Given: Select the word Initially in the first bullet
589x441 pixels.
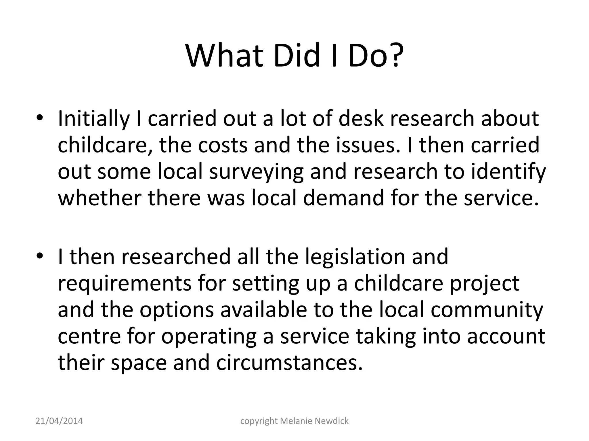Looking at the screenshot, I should [94, 119].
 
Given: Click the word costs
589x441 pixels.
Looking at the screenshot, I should [223, 145].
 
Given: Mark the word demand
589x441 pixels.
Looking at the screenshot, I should [344, 198].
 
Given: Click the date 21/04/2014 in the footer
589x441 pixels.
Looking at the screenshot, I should [59, 421].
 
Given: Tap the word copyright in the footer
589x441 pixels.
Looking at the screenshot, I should [259, 421].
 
